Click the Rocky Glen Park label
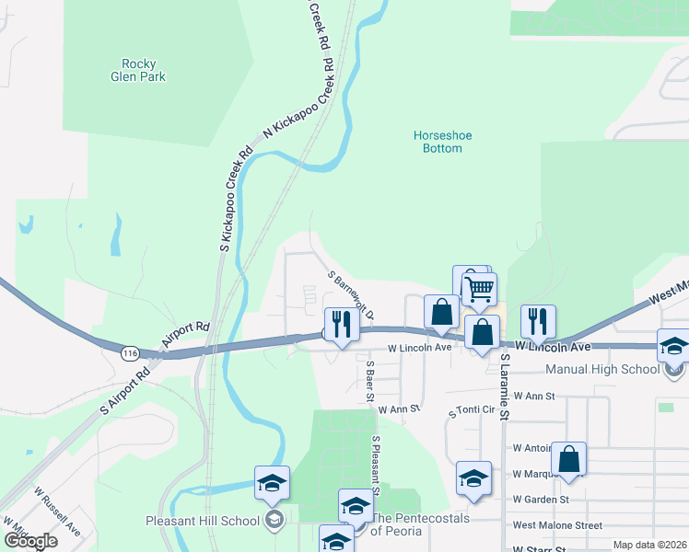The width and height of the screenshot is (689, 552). pyautogui.click(x=144, y=71)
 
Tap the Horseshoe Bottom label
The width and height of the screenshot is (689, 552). pyautogui.click(x=442, y=142)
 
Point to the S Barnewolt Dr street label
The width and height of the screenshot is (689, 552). pyautogui.click(x=351, y=295)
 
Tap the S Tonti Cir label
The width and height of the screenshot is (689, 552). pyautogui.click(x=472, y=411)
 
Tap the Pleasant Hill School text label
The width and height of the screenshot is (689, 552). pyautogui.click(x=203, y=521)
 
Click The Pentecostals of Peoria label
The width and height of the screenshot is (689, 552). pyautogui.click(x=420, y=524)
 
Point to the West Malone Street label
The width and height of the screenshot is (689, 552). pyautogui.click(x=556, y=525)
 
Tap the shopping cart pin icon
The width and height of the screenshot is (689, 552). pyautogui.click(x=479, y=290)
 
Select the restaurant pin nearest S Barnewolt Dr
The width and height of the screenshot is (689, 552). pyautogui.click(x=341, y=323)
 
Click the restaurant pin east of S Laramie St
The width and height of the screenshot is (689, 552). pyautogui.click(x=538, y=321)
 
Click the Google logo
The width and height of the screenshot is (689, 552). pyautogui.click(x=31, y=541)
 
